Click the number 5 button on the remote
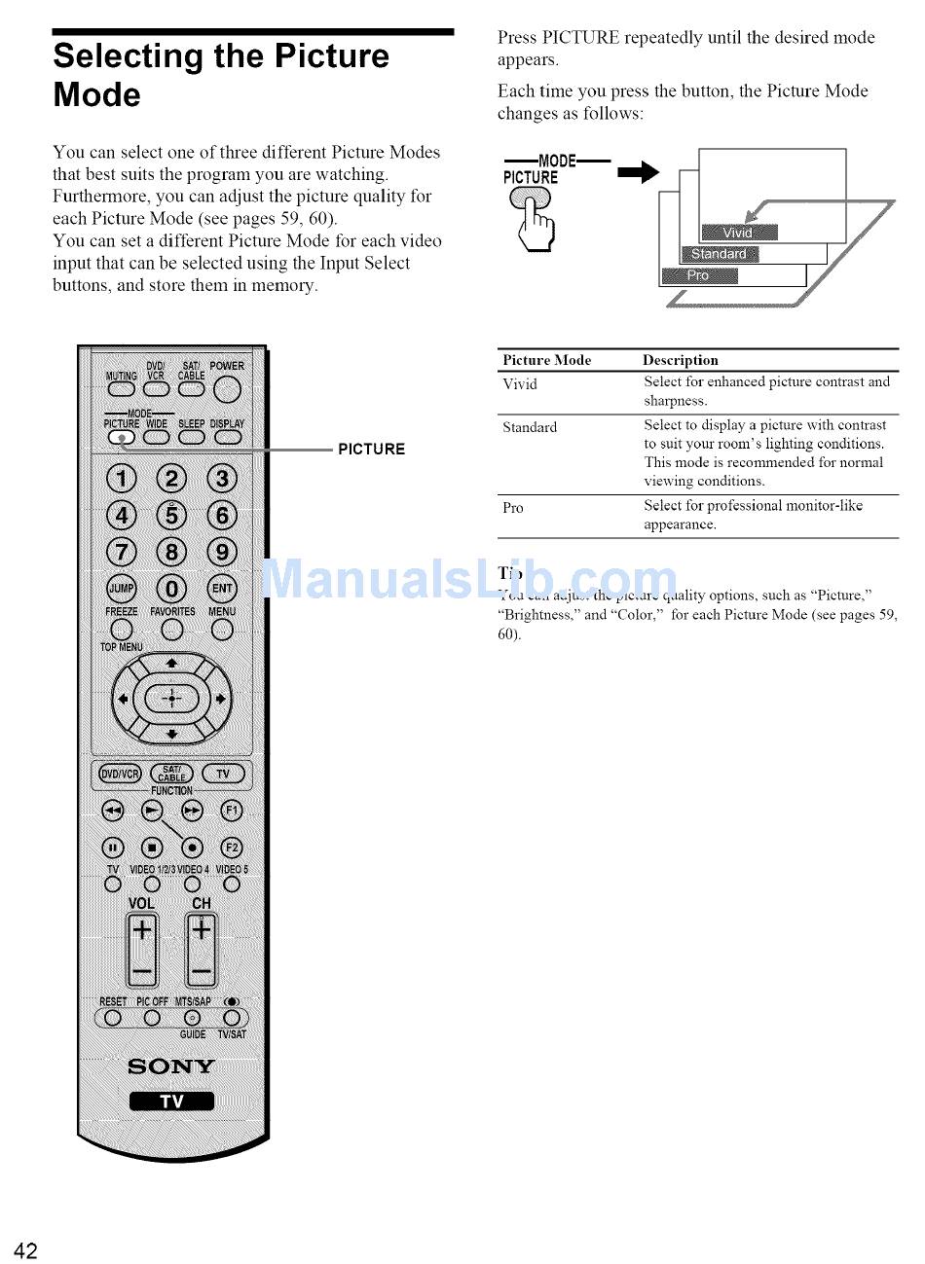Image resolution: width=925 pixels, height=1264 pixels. [172, 515]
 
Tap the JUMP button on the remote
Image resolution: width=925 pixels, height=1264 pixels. [122, 588]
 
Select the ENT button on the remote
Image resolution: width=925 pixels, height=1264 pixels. [222, 588]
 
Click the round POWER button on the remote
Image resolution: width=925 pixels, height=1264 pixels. [227, 390]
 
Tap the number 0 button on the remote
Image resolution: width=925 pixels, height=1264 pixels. [172, 588]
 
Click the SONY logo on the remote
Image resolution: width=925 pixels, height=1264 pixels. [171, 1065]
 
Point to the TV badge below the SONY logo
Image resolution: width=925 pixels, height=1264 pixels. [171, 1101]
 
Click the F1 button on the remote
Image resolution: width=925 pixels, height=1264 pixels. [231, 810]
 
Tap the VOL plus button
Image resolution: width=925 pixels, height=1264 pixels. [142, 931]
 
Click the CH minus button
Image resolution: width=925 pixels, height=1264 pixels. [202, 971]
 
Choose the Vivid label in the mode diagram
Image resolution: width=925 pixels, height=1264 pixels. [738, 232]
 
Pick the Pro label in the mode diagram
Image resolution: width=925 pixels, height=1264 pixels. [698, 275]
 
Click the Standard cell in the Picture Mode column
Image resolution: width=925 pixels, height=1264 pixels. [530, 427]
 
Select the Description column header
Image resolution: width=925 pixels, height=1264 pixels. [680, 360]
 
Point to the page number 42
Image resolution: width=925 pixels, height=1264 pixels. [25, 1250]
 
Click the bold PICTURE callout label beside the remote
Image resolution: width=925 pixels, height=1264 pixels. [371, 450]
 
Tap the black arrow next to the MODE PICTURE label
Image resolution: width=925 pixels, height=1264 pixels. [639, 173]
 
